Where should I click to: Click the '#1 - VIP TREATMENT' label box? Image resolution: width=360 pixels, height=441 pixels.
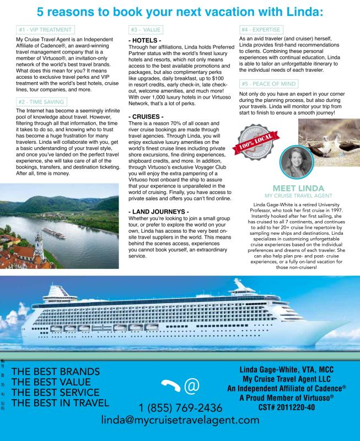click(46, 30)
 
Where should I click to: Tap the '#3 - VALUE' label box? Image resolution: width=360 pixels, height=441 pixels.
click(146, 30)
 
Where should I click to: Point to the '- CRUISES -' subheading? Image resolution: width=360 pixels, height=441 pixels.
click(146, 117)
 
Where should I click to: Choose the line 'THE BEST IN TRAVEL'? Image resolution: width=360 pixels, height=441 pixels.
click(61, 403)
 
